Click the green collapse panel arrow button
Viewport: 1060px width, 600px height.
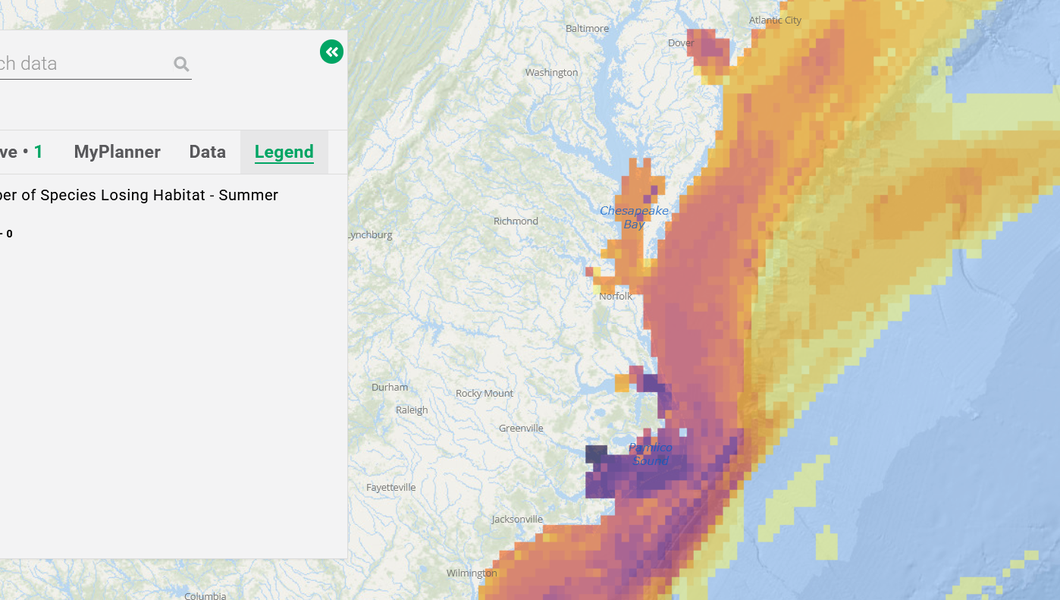pyautogui.click(x=331, y=52)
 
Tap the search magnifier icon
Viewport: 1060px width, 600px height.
pyautogui.click(x=181, y=64)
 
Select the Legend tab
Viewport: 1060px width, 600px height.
pyautogui.click(x=284, y=152)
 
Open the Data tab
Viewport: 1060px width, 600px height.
pyautogui.click(x=207, y=152)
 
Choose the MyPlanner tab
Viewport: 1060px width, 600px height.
pyautogui.click(x=117, y=152)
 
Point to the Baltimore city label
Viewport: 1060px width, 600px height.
pyautogui.click(x=587, y=28)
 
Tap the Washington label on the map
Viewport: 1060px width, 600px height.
pyautogui.click(x=551, y=72)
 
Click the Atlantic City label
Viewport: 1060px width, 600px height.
pyautogui.click(x=775, y=20)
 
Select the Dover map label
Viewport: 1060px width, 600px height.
pyautogui.click(x=681, y=43)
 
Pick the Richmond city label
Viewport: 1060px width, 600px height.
pyautogui.click(x=516, y=221)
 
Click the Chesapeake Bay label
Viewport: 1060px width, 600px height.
pyautogui.click(x=634, y=217)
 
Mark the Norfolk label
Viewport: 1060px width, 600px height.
pyautogui.click(x=616, y=296)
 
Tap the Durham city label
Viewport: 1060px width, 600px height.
pyautogui.click(x=390, y=387)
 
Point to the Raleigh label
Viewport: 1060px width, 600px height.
pyautogui.click(x=411, y=410)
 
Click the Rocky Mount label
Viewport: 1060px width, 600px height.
pyautogui.click(x=484, y=393)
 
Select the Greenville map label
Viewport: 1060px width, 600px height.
pyautogui.click(x=521, y=428)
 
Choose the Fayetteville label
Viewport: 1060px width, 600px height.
pyautogui.click(x=391, y=487)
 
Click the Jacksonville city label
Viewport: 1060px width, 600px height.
pyautogui.click(x=517, y=519)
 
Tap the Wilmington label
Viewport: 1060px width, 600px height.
pyautogui.click(x=471, y=573)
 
